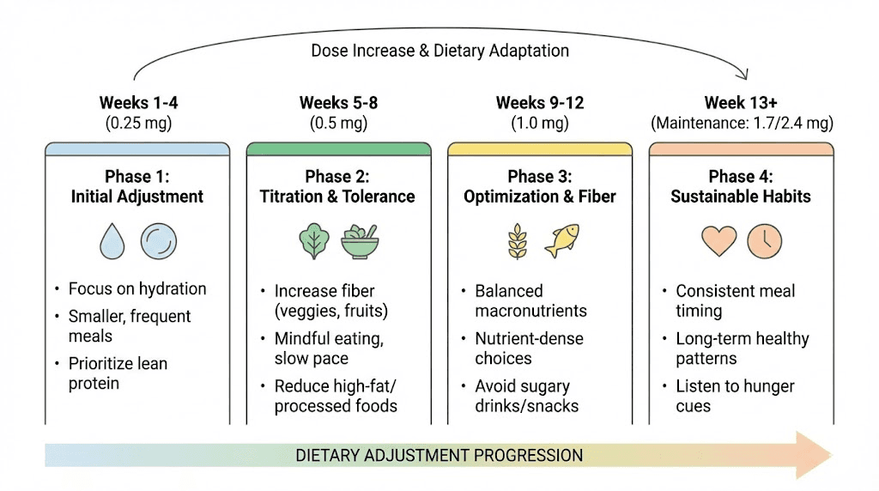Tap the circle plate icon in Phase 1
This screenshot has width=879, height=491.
(158, 241)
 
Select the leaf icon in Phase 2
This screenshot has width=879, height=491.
(312, 241)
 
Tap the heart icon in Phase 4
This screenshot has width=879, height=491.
(718, 241)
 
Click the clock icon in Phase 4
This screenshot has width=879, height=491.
(764, 241)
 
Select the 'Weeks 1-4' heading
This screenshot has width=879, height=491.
(138, 103)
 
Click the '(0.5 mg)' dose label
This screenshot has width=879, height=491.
(338, 123)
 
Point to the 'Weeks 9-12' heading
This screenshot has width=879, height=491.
(539, 103)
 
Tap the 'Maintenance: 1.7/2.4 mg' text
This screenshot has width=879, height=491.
(742, 123)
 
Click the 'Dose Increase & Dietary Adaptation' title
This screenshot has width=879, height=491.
(439, 51)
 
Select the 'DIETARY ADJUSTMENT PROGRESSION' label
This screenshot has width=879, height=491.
(439, 455)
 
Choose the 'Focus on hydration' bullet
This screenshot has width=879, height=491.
(137, 288)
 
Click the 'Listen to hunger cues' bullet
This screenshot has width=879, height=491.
(735, 396)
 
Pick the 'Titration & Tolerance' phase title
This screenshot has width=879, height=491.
(337, 197)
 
